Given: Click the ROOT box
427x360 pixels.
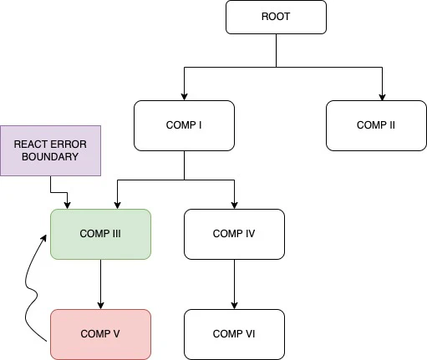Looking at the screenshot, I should click(x=276, y=17).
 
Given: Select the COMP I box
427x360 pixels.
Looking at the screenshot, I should click(x=184, y=125).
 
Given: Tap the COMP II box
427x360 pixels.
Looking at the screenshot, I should click(x=376, y=125).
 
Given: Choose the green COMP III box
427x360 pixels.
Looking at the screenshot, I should click(x=100, y=234).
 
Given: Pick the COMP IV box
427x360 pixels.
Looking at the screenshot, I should click(x=234, y=234).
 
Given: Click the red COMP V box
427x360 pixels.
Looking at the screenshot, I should click(x=100, y=333).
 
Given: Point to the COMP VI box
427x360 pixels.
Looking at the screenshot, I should click(x=234, y=333).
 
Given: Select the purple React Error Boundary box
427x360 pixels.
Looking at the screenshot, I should click(x=50, y=150).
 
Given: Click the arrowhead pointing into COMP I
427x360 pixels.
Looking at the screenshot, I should click(x=184, y=96).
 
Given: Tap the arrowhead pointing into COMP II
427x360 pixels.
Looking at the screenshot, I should click(x=382, y=96).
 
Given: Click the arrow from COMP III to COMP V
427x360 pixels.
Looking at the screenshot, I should click(x=100, y=284).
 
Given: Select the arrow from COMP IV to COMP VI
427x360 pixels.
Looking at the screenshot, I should click(x=234, y=284).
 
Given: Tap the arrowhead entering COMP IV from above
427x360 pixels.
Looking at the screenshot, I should click(x=234, y=205).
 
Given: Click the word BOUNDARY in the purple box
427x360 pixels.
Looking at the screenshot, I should click(x=50, y=157).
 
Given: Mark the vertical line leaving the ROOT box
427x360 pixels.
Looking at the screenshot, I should click(x=276, y=50).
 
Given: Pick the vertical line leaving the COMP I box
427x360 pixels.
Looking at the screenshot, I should click(x=184, y=165).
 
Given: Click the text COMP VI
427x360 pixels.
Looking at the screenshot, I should click(x=234, y=333).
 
